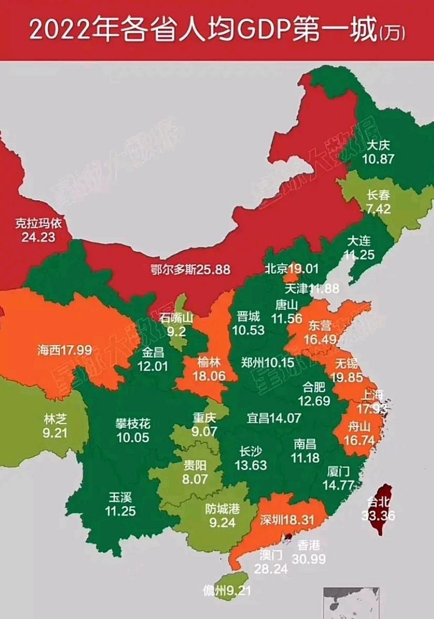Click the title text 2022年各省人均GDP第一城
203,30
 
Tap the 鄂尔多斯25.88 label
189,269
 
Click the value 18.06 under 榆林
209,376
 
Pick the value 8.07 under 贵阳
195,479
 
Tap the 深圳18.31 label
287,519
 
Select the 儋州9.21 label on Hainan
226,591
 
